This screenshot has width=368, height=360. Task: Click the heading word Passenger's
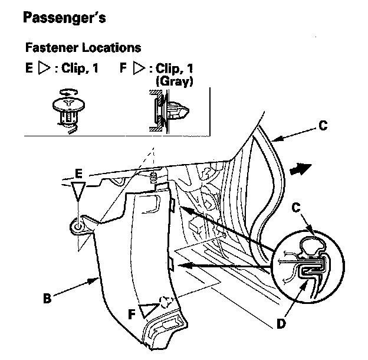pos(64,18)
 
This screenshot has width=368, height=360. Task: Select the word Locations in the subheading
pos(111,47)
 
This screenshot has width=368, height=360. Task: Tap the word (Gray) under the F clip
pos(175,81)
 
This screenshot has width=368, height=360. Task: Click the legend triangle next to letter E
pos(44,68)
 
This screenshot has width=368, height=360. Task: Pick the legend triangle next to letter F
pos(139,68)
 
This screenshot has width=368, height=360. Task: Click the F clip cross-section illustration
pos(169,111)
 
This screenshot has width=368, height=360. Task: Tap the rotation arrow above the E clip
pos(68,92)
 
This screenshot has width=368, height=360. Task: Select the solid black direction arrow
pos(301,169)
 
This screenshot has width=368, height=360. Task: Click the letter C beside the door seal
pos(323,125)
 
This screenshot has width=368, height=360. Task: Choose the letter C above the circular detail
pos(296,208)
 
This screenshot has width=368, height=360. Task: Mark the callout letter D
pos(281,324)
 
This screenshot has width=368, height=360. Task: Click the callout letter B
pos(47,299)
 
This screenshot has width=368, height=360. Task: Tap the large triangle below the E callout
pos(78,191)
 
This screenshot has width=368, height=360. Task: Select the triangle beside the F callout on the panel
pos(149,310)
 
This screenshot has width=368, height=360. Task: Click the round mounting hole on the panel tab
pos(78,227)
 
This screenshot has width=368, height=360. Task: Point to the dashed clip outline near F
pos(166,302)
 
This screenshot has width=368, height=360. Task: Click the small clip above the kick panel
pos(153,177)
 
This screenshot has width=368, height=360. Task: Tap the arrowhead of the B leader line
pos(94,280)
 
